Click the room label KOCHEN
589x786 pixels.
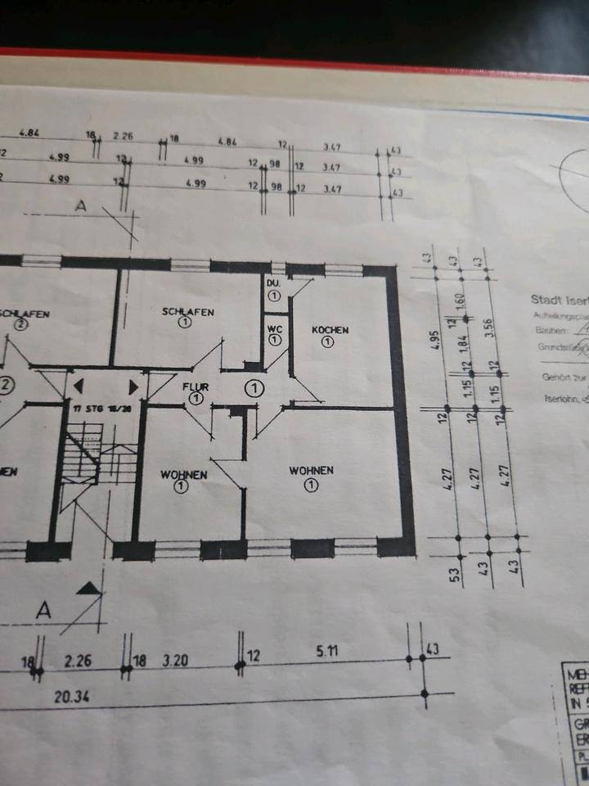pos(330,330)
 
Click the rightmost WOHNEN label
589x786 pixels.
pos(311,470)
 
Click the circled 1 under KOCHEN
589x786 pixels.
pos(327,342)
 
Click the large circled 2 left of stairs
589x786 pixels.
pos(5,385)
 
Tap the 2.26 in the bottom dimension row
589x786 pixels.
pos(80,661)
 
